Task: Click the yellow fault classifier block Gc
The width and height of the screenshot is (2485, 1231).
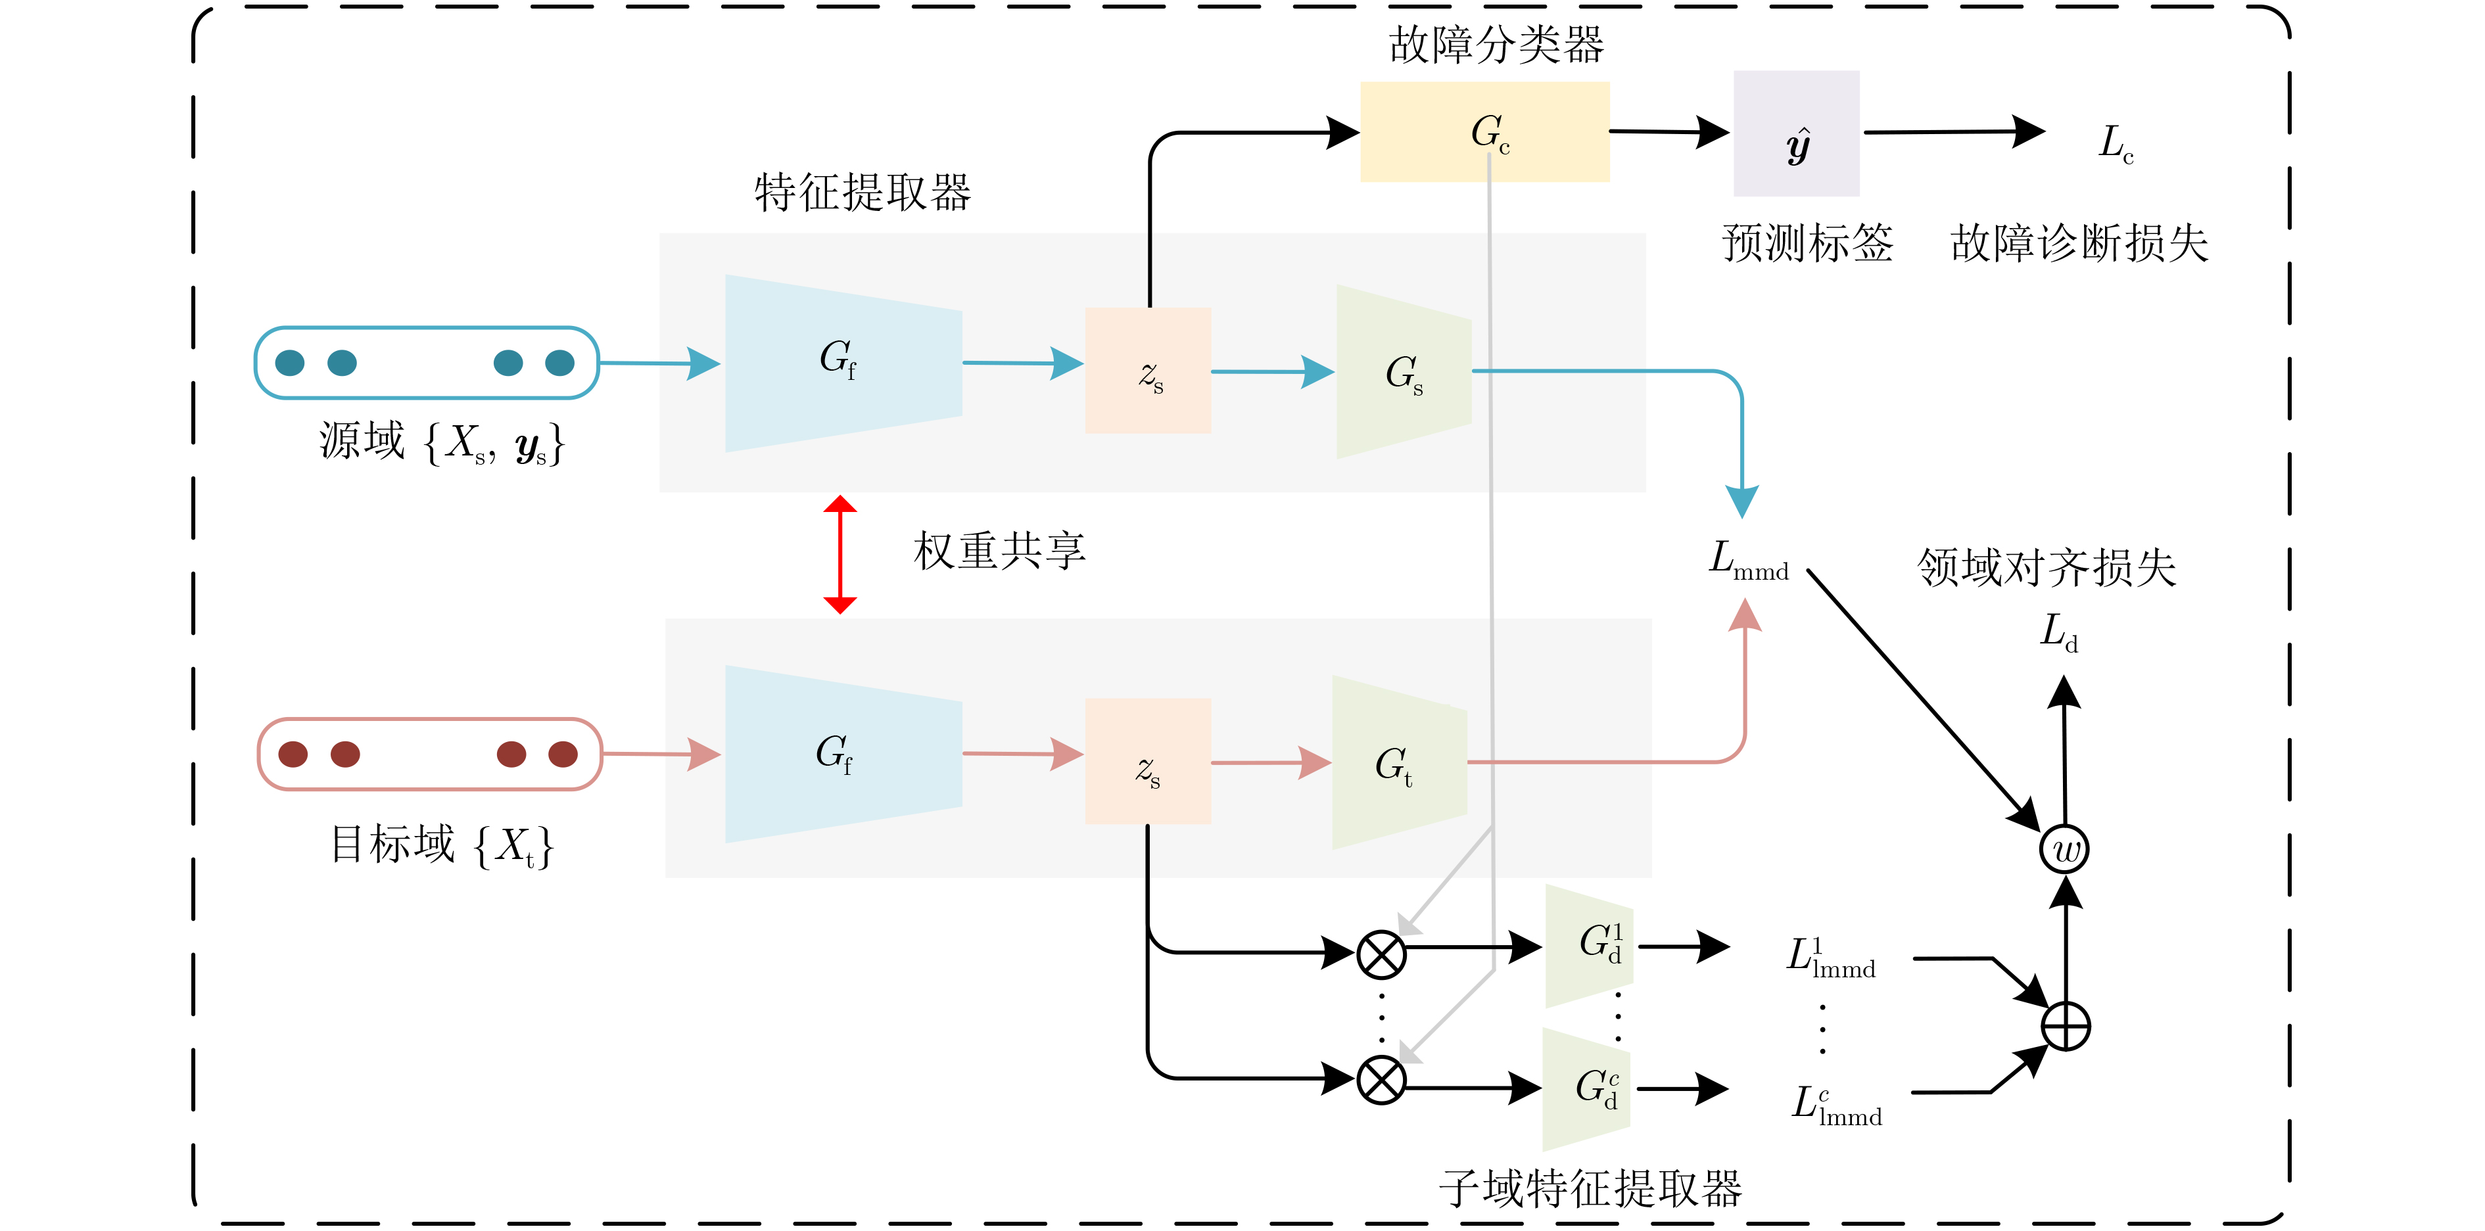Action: coord(1484,132)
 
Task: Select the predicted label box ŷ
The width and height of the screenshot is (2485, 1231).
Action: coord(1796,134)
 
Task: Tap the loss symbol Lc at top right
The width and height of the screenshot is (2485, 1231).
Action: coord(2116,143)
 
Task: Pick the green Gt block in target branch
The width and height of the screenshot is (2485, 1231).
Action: coord(1399,763)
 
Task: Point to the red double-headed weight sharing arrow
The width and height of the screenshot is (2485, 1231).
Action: coord(840,555)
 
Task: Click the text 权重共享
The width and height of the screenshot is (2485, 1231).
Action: coord(999,551)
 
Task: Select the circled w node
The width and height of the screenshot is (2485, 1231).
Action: coord(2064,850)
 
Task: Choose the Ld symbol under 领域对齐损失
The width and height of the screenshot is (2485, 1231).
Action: coord(2058,633)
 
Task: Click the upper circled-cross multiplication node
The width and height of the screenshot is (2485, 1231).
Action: coord(1381,955)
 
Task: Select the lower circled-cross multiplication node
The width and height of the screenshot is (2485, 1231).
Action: coord(1381,1080)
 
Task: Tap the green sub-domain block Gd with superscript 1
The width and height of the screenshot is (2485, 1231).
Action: coord(1590,946)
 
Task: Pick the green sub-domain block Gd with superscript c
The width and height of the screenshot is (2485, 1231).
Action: coord(1587,1089)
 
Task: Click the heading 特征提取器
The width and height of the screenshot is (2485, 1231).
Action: coord(863,192)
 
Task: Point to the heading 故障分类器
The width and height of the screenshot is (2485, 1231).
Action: coord(1496,45)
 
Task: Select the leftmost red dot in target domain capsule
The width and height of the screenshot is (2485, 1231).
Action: coord(293,755)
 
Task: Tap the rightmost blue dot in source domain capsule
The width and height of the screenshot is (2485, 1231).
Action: coord(559,363)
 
